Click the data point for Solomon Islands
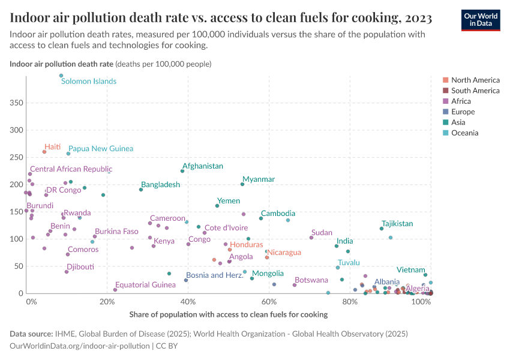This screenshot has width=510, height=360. [x=61, y=76]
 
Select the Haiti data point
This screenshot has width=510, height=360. [x=44, y=152]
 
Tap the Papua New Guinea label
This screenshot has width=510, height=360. [x=101, y=148]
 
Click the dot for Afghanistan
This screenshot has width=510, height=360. [x=182, y=171]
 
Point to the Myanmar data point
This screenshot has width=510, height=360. [x=242, y=184]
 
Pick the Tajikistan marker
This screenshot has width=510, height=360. [x=382, y=229]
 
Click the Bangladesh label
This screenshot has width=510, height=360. [x=160, y=185]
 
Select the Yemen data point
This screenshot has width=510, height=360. [x=217, y=206]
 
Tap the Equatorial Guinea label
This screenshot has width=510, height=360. [x=145, y=285]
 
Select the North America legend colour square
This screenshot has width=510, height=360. [x=445, y=80]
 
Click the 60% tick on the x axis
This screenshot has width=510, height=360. [x=269, y=302]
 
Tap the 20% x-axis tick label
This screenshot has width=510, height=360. [x=107, y=302]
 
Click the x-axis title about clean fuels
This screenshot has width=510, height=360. [x=228, y=314]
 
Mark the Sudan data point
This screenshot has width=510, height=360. [x=311, y=238]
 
